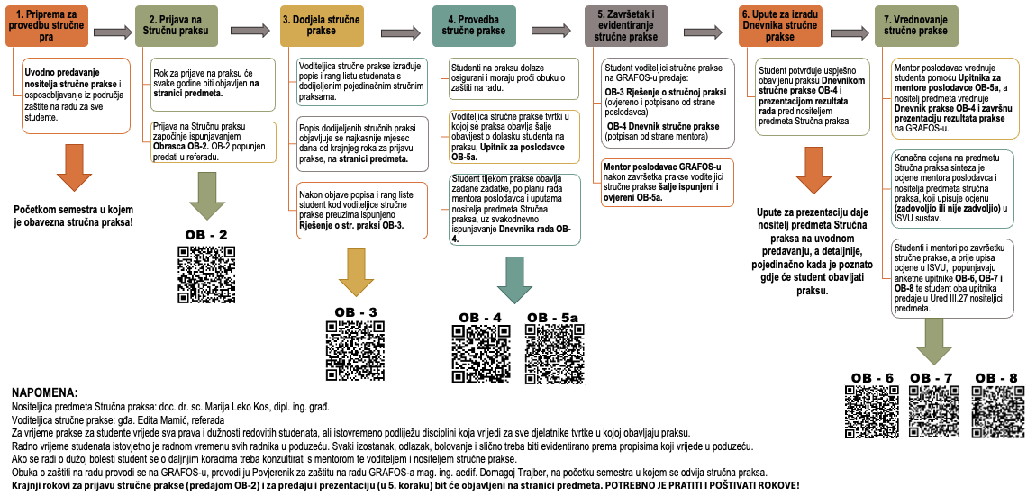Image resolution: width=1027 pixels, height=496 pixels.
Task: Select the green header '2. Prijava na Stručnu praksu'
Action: tap(176, 25)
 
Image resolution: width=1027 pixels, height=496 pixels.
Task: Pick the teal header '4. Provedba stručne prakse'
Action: tap(474, 25)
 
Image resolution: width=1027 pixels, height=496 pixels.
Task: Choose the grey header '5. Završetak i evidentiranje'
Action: tap(635, 25)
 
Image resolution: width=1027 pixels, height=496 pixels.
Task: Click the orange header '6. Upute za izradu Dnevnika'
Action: tap(778, 25)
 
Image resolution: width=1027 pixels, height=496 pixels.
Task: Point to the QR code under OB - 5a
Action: tap(552, 351)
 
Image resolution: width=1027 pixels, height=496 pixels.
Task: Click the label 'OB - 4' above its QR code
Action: tap(480, 318)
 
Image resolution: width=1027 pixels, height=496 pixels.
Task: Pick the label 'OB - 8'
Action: tap(996, 378)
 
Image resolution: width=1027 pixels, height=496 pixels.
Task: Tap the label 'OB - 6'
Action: tap(872, 378)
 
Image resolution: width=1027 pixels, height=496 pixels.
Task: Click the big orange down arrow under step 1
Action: tap(75, 168)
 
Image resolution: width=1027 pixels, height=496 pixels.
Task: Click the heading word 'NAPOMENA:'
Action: tap(46, 393)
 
